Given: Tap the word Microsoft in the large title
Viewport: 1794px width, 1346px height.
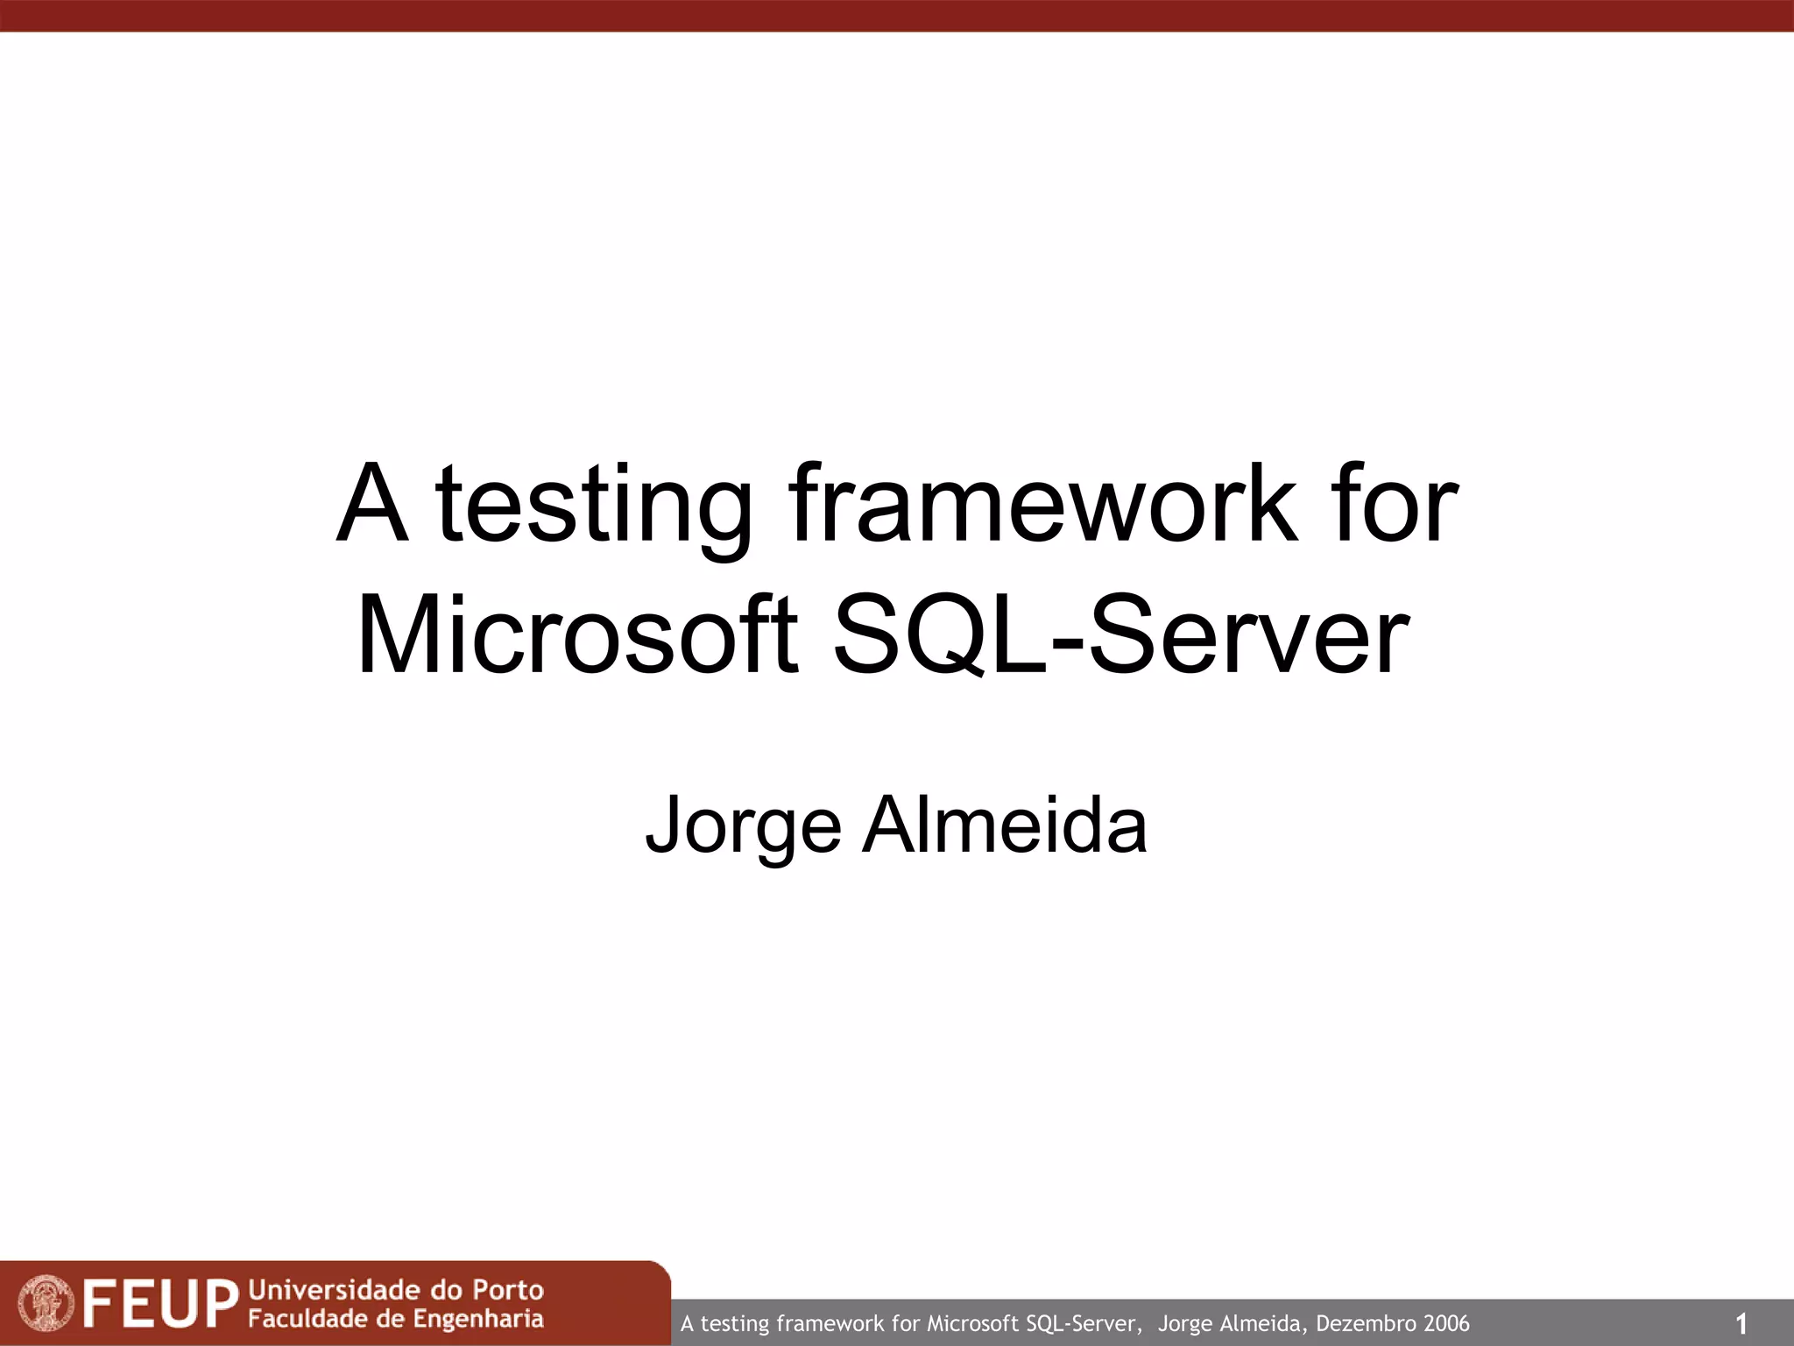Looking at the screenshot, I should (577, 635).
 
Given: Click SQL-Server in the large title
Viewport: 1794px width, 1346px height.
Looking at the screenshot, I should (1120, 635).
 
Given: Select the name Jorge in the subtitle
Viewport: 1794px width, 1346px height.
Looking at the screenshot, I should (743, 825).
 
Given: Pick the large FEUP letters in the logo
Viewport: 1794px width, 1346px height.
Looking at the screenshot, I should (161, 1304).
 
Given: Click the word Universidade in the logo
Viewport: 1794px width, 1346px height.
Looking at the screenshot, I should (333, 1289).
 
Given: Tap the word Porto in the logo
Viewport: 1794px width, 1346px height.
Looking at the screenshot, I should (508, 1290).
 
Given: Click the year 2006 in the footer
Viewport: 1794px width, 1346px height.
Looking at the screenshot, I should (1446, 1323).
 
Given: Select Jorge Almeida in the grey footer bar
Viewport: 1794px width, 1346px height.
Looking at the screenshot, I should (1229, 1323).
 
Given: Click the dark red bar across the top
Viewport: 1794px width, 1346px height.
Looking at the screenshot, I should (897, 16).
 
